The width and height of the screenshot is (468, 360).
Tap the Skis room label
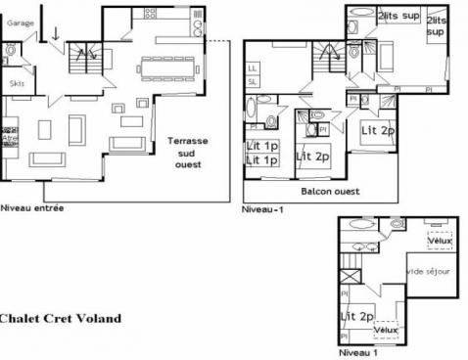point(18,84)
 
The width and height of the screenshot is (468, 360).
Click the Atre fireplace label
point(11,138)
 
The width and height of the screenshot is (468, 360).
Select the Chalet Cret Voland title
point(60,318)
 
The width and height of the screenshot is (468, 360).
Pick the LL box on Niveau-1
point(253,67)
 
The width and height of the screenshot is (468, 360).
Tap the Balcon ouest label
point(327,191)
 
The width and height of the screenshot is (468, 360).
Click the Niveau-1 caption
point(260,209)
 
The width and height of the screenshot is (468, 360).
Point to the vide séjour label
point(428,271)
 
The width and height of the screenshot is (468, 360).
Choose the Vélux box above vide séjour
point(439,240)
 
